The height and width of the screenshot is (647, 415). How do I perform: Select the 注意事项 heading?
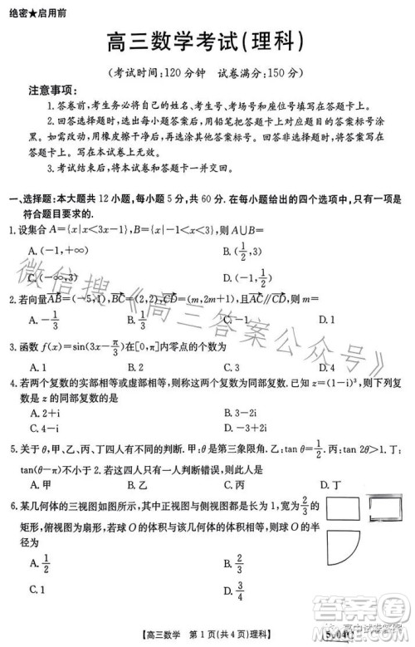point(52,90)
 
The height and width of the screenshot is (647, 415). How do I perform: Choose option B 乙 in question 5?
point(136,484)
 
